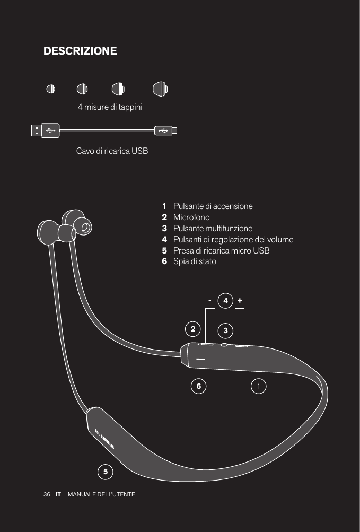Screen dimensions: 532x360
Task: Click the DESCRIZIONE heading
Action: [x=80, y=51]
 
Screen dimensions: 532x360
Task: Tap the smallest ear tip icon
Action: [x=50, y=89]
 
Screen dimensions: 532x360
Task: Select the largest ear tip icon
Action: [x=160, y=89]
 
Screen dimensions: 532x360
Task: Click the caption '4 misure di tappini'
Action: [x=110, y=107]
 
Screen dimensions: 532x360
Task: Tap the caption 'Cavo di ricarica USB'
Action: [x=112, y=151]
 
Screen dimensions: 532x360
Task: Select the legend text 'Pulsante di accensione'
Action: [x=213, y=206]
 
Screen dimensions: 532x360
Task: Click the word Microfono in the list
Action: [x=191, y=217]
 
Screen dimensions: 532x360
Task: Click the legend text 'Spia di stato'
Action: [x=195, y=261]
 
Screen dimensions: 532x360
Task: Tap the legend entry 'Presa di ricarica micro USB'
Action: [x=221, y=250]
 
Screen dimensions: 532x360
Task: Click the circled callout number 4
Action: [x=225, y=301]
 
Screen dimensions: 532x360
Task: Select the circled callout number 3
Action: [x=225, y=331]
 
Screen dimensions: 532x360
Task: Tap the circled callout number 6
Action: [x=199, y=386]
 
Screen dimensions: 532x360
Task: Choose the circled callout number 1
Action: [x=258, y=386]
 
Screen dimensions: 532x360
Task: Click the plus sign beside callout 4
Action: [x=240, y=300]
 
